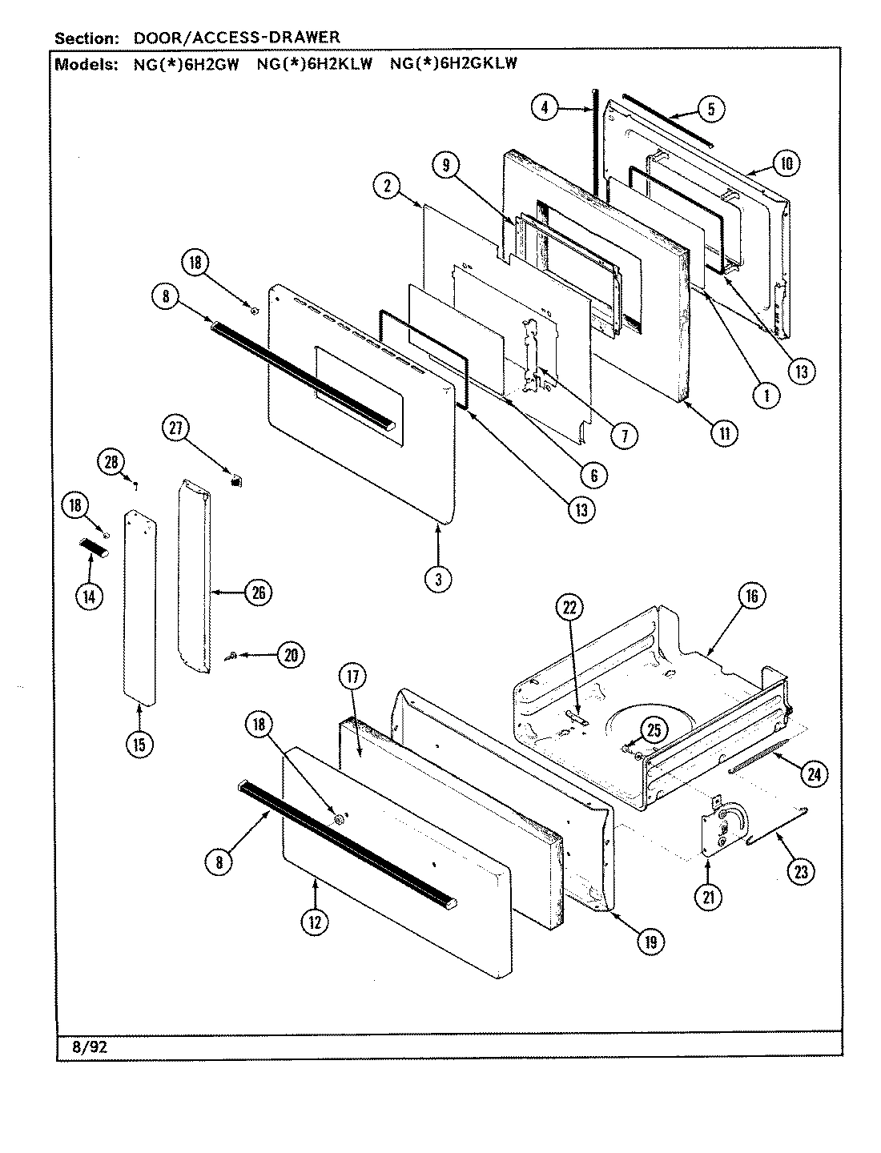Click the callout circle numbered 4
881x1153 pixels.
coord(545,107)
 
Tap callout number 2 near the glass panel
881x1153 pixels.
coord(387,186)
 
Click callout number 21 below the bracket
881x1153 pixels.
coord(708,898)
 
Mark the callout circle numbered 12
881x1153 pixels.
coord(314,922)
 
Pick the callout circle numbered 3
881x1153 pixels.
coord(438,579)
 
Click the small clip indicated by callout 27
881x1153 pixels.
coord(235,480)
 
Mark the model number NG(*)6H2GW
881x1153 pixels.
coord(185,65)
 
